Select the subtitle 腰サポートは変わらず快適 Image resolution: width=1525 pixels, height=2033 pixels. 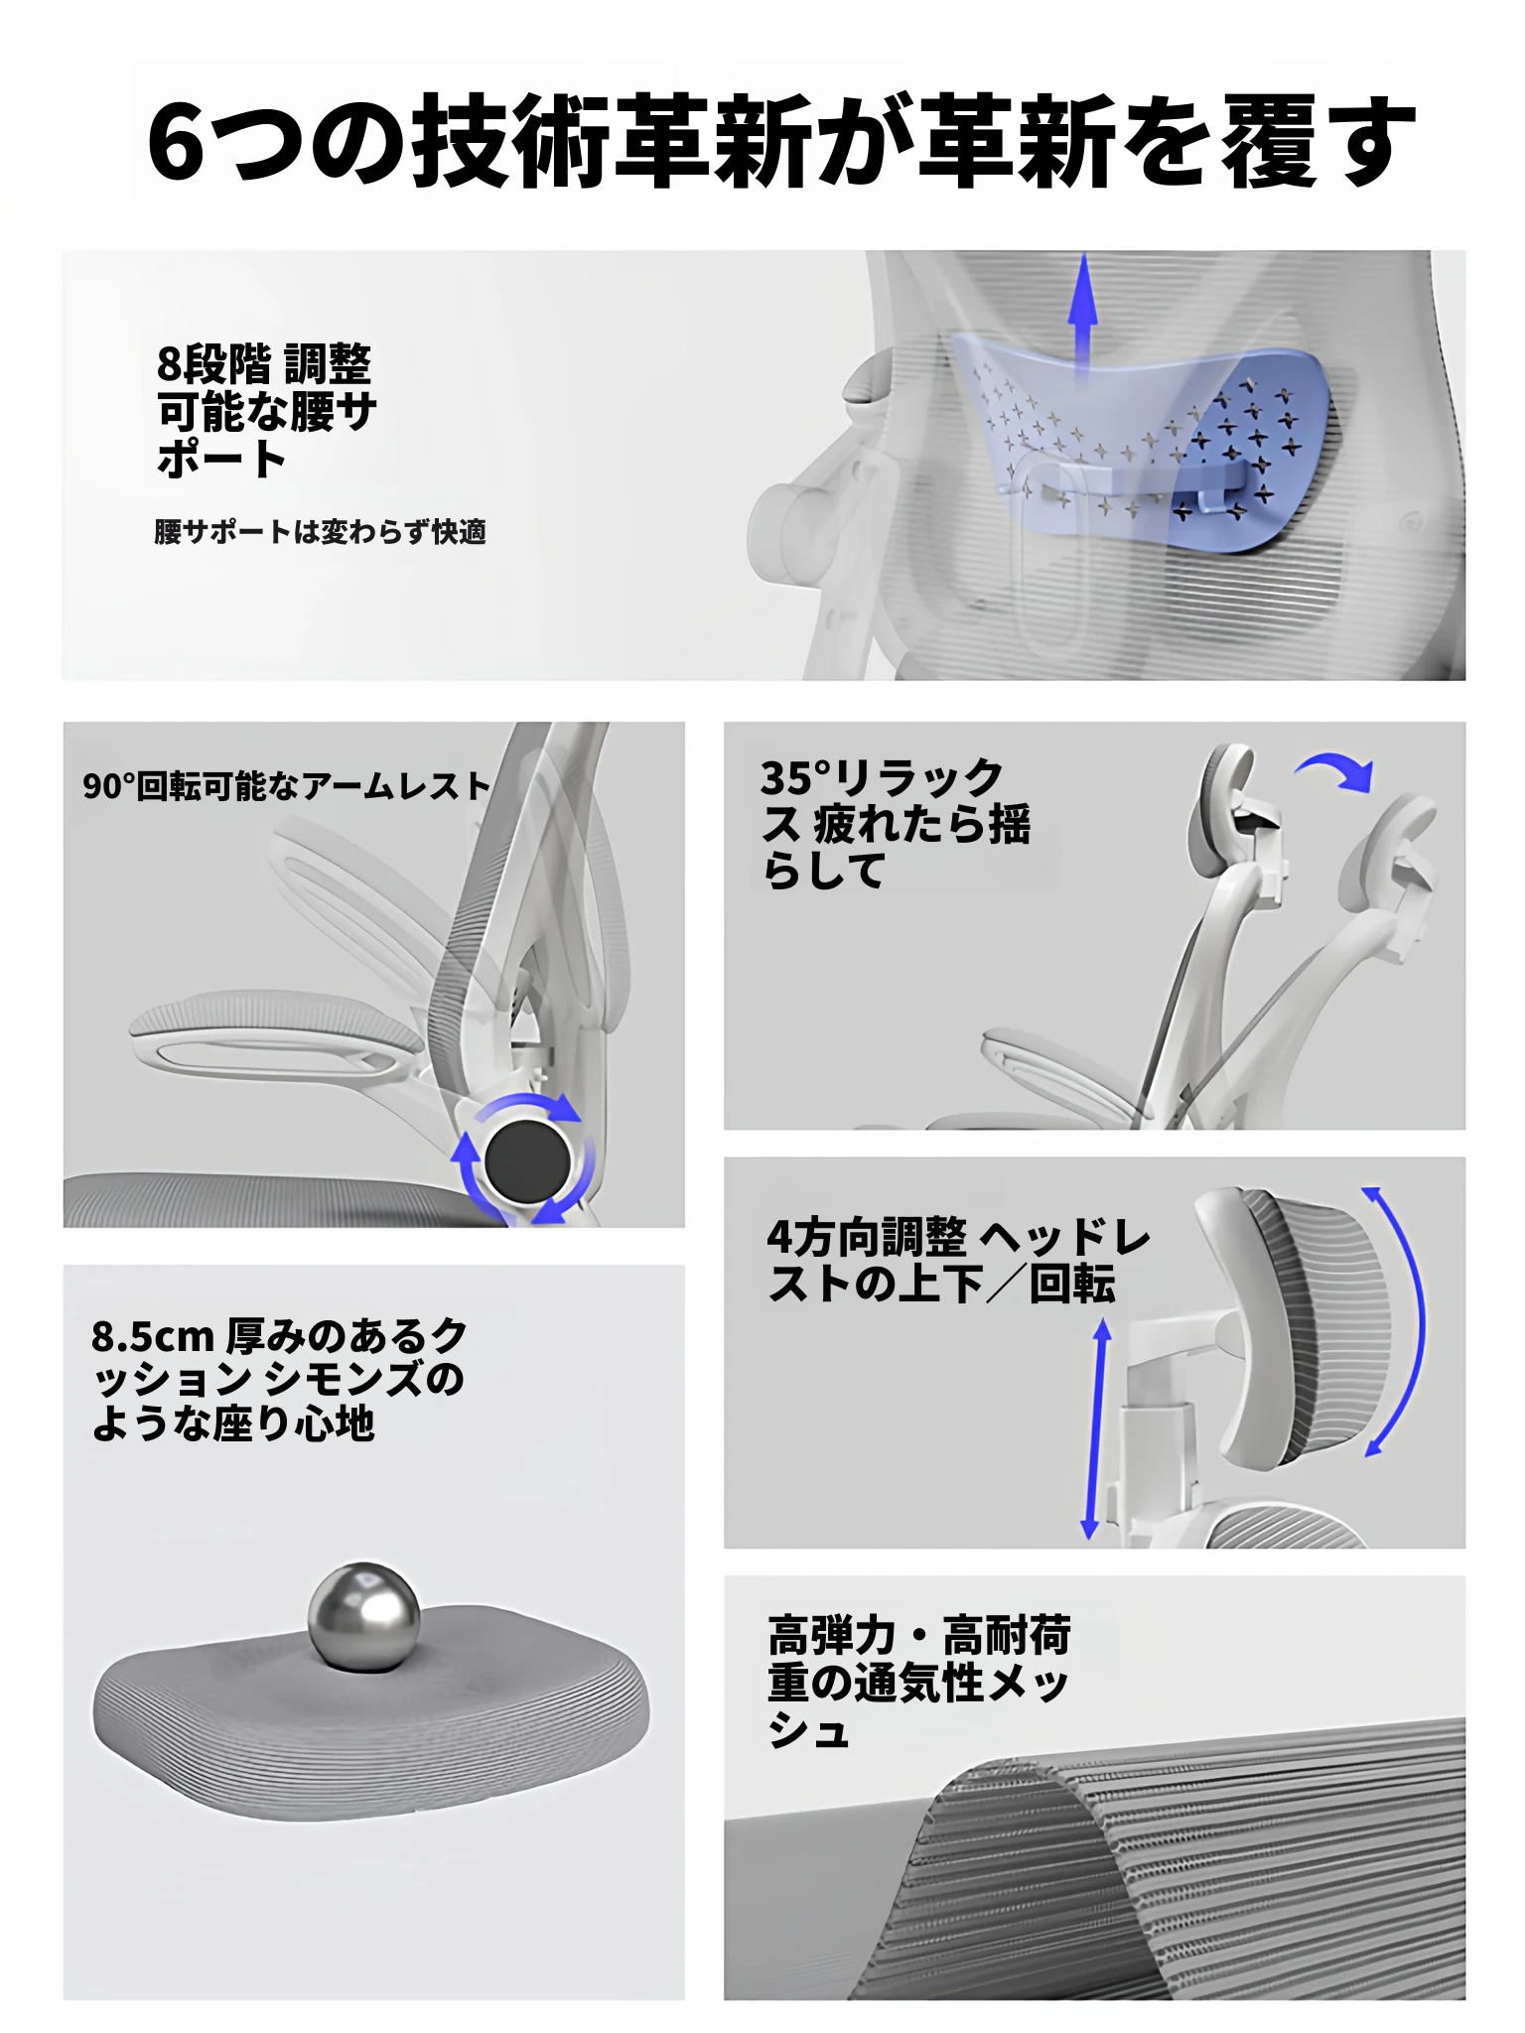[320, 532]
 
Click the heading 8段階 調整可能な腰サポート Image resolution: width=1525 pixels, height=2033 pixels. [266, 411]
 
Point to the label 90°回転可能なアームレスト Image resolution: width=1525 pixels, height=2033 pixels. [286, 786]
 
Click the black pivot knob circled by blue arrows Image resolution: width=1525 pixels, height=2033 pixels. [527, 1159]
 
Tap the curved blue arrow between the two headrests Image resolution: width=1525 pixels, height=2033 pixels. [1335, 768]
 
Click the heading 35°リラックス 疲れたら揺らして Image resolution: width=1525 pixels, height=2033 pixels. [896, 824]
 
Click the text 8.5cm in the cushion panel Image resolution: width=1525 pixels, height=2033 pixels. [153, 1337]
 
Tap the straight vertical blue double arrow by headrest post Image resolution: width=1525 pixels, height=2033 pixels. [1095, 1429]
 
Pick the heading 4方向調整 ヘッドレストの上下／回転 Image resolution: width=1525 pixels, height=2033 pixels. [958, 1261]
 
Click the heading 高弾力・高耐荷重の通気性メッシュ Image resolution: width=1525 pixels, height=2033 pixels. [918, 1683]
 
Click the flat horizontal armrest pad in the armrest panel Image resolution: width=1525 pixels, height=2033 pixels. [278, 1032]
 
